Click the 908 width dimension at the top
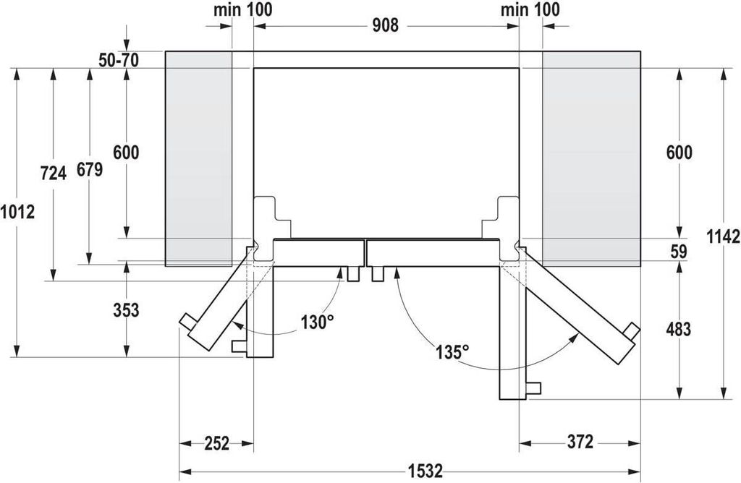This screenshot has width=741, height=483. tap(385, 25)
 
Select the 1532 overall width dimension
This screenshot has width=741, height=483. tap(426, 471)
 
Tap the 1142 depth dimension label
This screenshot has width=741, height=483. tap(724, 236)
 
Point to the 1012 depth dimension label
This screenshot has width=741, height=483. tap(17, 212)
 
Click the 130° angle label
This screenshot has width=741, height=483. tap(318, 322)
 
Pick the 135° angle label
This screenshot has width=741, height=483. tap(453, 351)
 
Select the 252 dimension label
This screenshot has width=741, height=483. tap(216, 443)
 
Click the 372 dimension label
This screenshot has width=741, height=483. tap(580, 442)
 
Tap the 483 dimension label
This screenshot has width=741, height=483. tap(678, 329)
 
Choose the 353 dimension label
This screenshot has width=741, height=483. tap(126, 310)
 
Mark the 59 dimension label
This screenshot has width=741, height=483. tap(679, 252)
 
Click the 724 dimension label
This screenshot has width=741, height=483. tap(53, 174)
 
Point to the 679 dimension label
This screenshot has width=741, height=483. tap(90, 169)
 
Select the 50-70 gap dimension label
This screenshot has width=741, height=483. tap(119, 61)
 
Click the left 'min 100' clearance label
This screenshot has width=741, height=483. tap(243, 9)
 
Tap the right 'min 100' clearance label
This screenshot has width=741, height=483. tap(530, 9)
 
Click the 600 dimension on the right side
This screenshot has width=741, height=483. tap(679, 153)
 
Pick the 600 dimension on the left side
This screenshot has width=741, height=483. tap(126, 153)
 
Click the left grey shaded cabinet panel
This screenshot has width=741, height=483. tap(198, 158)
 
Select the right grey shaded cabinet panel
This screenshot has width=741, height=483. tap(592, 158)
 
